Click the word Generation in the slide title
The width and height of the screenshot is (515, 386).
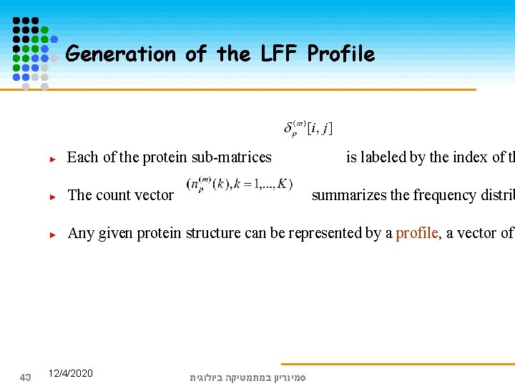click(120, 54)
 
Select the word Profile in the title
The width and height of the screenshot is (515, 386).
click(340, 54)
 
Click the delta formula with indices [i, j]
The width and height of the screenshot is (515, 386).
click(308, 128)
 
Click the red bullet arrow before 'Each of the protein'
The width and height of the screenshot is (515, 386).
click(52, 159)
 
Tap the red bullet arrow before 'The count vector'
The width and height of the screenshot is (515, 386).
click(52, 196)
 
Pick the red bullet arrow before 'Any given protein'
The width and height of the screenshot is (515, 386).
click(52, 233)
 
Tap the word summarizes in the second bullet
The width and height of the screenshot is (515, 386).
click(349, 195)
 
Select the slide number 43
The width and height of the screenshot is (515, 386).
click(25, 377)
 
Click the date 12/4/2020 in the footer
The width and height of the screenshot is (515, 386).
click(70, 373)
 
